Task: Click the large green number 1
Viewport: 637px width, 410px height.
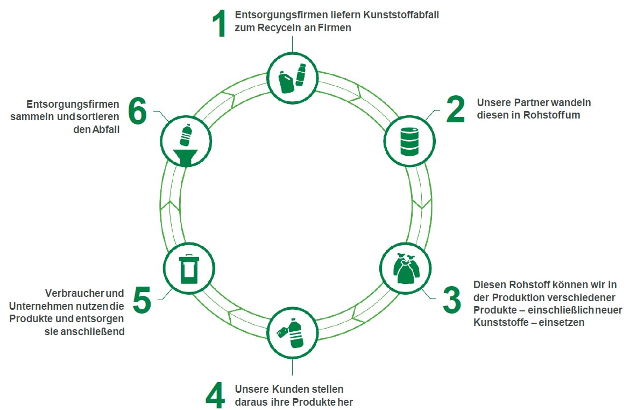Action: pos(218,24)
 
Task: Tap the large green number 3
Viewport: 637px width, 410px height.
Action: pos(452,300)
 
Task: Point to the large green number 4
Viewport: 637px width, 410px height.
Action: pos(215,396)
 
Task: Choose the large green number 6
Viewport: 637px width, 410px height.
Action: pos(137,112)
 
